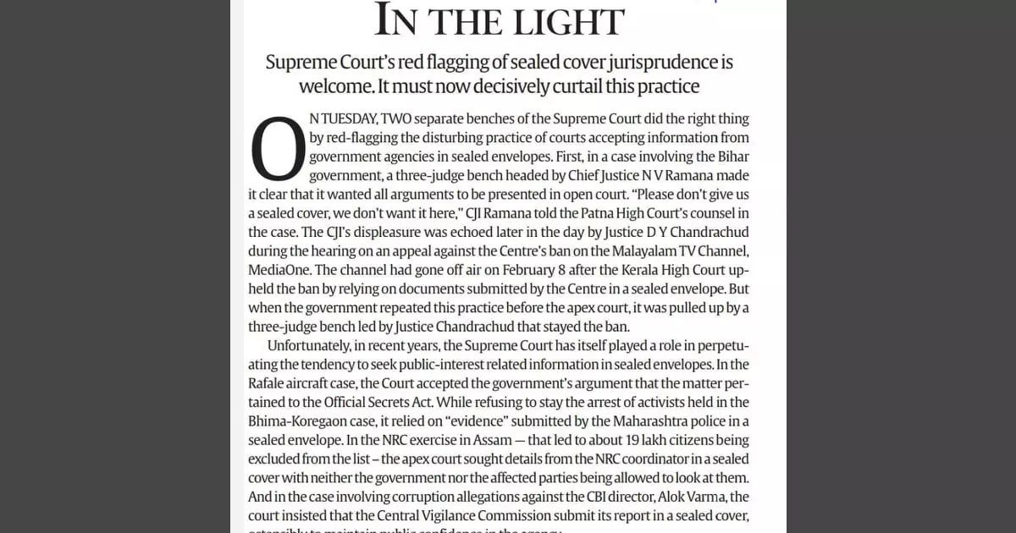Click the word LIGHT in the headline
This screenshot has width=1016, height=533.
click(563, 20)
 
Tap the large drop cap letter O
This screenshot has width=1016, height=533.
click(278, 150)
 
